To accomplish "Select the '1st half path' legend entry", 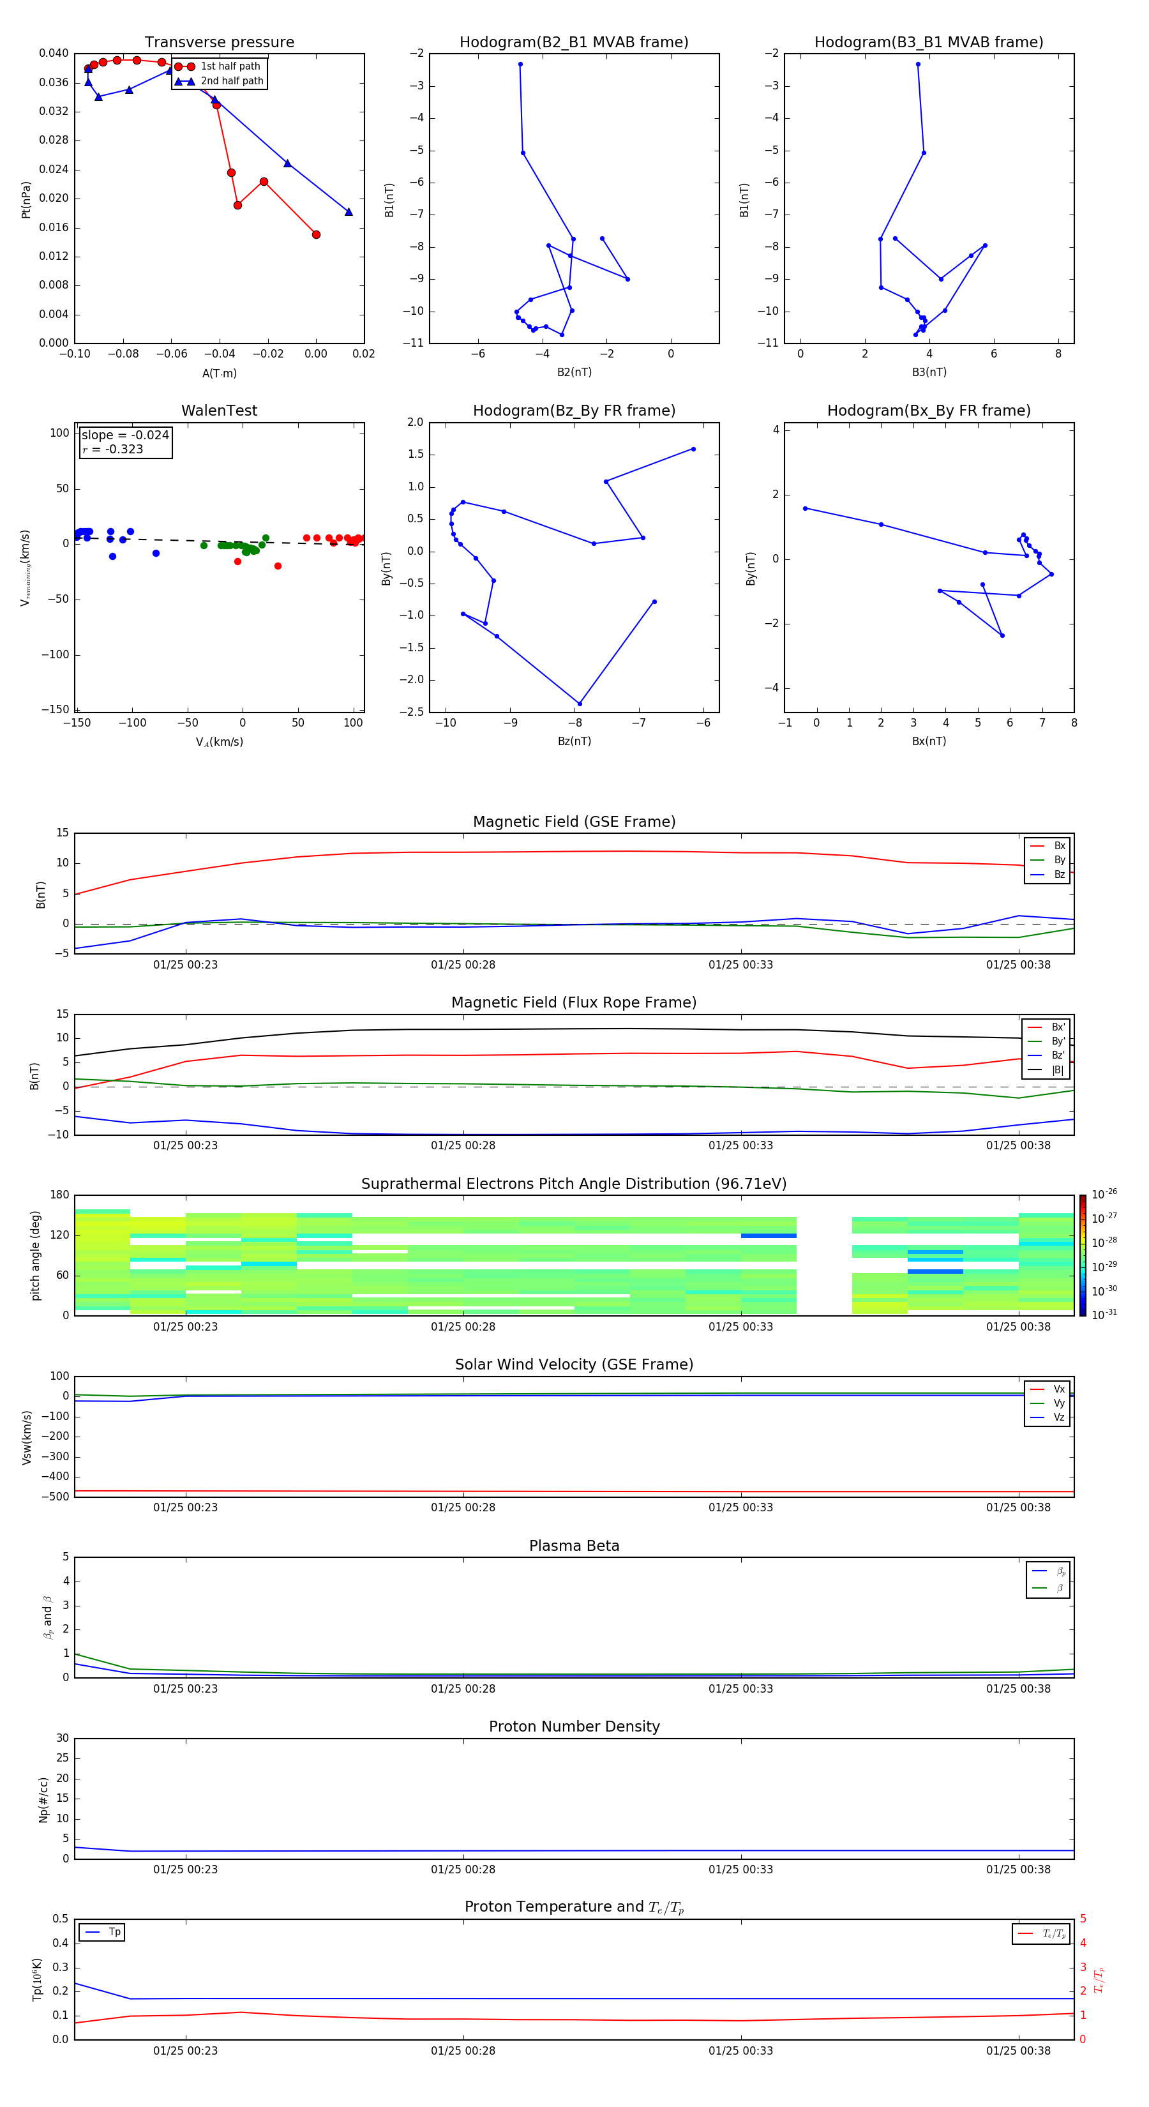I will pos(230,66).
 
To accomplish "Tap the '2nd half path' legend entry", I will pos(232,81).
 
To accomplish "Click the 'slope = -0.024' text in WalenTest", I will pos(125,435).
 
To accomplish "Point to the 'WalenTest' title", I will pos(219,411).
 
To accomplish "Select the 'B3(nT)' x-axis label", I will pos(929,372).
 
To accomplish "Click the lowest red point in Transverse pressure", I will pos(317,235).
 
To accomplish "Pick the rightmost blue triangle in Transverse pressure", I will pos(349,212).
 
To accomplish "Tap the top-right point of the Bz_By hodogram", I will pos(693,449).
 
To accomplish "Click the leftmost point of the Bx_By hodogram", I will pos(805,509).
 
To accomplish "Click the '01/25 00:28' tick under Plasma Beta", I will pos(463,1688).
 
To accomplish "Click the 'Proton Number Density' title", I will pos(574,1726).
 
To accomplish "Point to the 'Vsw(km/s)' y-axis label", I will pos(27,1437).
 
